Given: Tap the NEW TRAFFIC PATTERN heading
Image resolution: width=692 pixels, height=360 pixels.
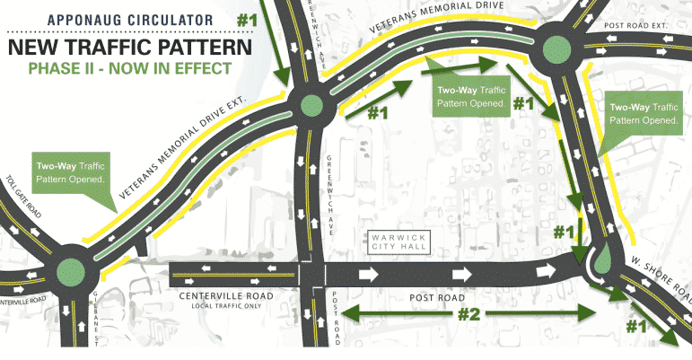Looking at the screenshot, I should [x=122, y=45].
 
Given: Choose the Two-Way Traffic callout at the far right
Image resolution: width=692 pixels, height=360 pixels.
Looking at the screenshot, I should [x=642, y=113].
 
